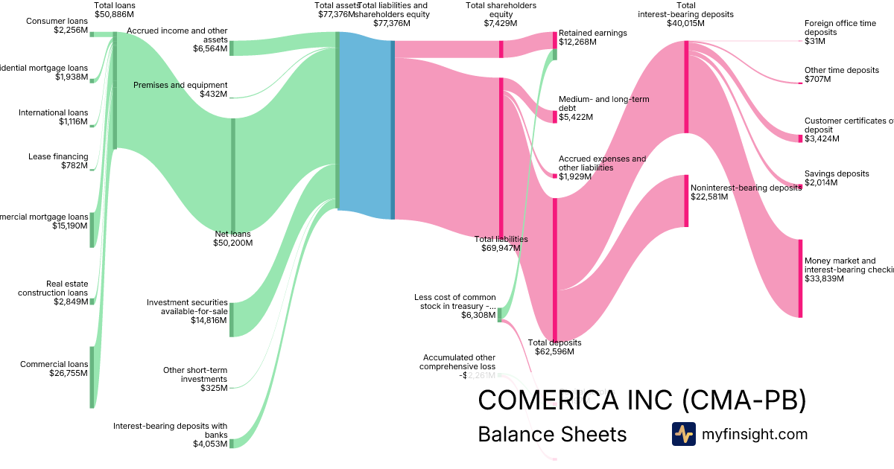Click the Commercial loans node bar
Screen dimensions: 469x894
92,377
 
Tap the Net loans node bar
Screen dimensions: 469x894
232,176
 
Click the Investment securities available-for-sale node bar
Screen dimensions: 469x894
232,319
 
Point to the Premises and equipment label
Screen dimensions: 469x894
180,85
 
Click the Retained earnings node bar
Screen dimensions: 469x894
554,45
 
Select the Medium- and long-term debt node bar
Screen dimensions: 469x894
554,117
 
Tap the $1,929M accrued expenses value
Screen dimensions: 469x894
576,176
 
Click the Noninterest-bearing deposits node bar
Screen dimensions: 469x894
686,201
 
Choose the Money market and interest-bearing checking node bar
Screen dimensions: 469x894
801,278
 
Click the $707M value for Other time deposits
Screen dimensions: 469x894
818,80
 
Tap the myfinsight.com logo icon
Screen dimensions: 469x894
683,434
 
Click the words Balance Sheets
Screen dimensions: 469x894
552,434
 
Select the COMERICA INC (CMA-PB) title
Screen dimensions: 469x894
641,400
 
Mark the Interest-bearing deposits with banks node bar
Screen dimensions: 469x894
232,443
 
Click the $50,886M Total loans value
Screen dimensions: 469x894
114,14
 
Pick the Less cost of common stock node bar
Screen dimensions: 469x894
500,314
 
